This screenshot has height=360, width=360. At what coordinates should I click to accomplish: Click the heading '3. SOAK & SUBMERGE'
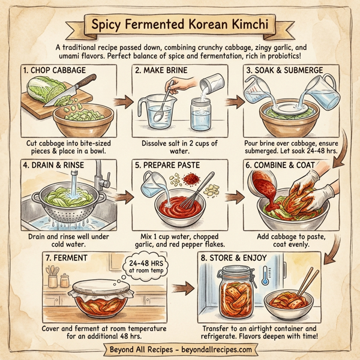click(x=280, y=70)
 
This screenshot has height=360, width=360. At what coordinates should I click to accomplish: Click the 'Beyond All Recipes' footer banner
click(x=180, y=348)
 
